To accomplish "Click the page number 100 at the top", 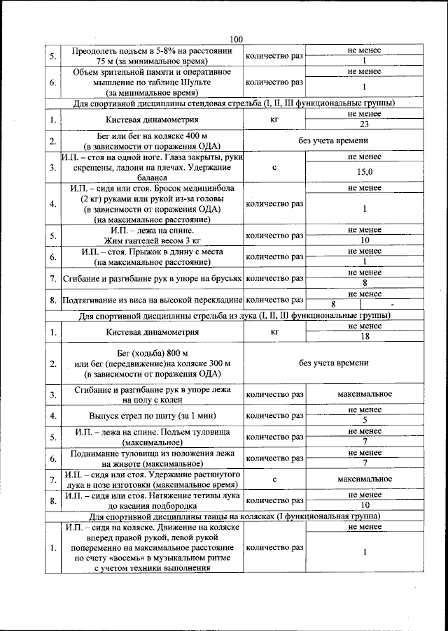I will pyautogui.click(x=235, y=40).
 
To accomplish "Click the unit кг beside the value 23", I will pyautogui.click(x=274, y=119).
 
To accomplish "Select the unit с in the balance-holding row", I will pyautogui.click(x=274, y=168).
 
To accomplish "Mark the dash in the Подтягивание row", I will pyautogui.click(x=393, y=304).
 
